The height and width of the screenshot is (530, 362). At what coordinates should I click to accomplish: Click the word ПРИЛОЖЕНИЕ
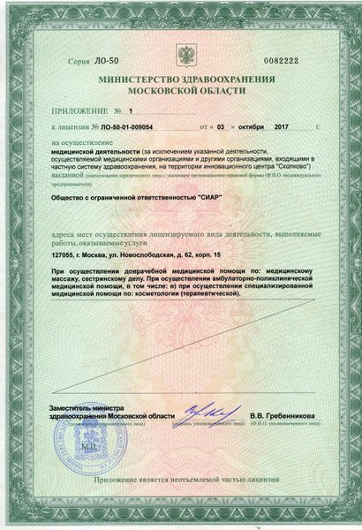click(80, 113)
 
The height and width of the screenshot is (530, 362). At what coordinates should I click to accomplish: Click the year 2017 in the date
click(283, 127)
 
